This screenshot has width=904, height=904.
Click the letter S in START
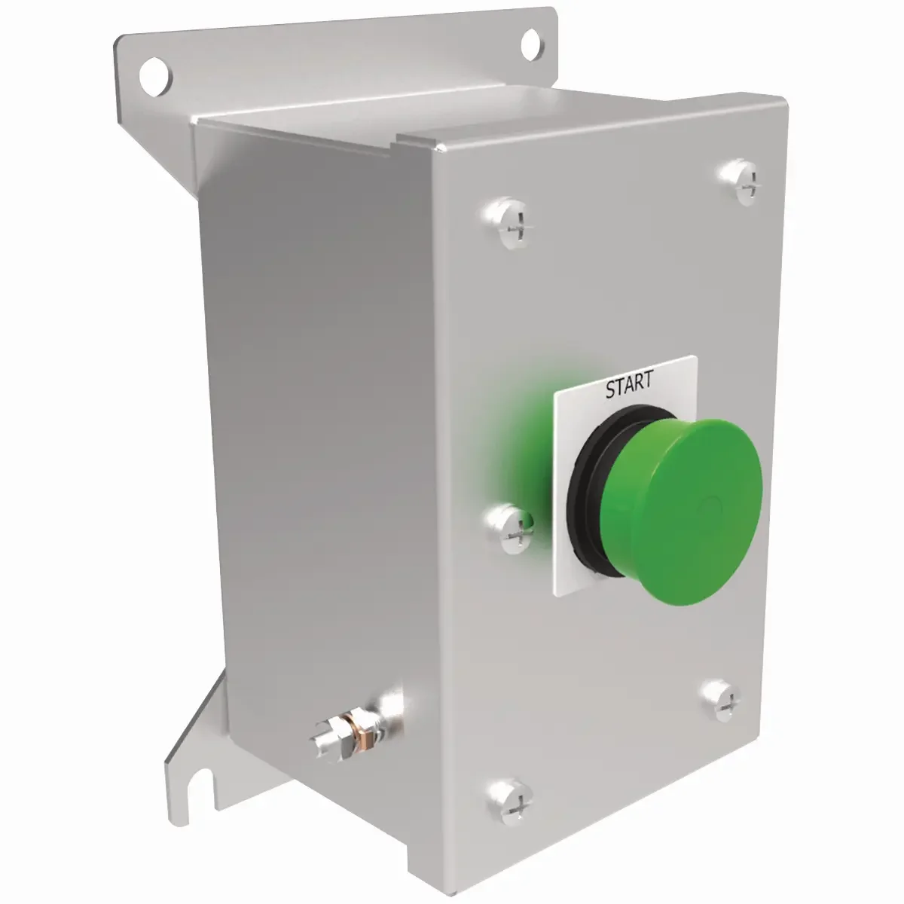click(610, 389)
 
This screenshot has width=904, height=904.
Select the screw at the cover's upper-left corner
click(509, 224)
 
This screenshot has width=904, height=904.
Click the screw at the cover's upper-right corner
click(741, 182)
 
